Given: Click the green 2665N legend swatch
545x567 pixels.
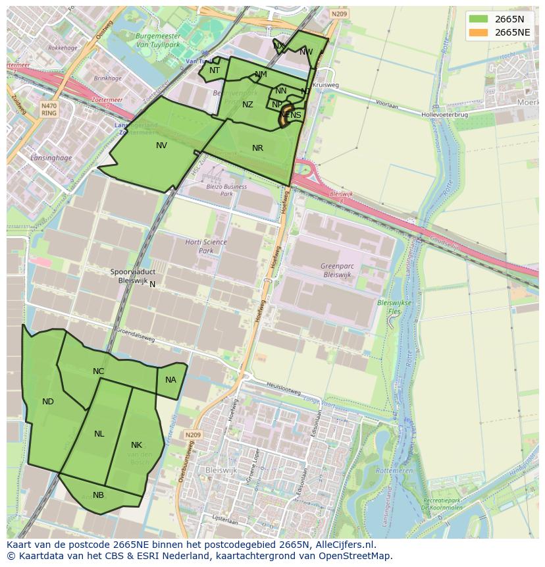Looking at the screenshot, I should coord(479,18).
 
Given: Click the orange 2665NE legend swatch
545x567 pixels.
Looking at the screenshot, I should coord(479,32).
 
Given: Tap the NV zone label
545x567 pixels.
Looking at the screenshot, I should coord(161,146).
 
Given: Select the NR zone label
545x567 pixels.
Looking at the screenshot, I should coord(257,148).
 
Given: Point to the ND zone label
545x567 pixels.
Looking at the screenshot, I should coord(48,402).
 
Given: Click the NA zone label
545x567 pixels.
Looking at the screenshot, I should coord(170,380).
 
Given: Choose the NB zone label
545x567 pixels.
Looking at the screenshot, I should coord(98,495).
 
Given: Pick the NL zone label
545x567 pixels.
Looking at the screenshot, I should coord(99,434).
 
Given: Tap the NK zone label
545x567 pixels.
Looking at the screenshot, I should coord(136,445).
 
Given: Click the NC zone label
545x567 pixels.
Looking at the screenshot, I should coord(98,371).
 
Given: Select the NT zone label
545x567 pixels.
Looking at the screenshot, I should coord(215,70).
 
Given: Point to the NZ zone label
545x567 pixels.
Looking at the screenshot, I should coord(247,105).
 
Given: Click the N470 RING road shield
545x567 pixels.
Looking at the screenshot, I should coord(49,109).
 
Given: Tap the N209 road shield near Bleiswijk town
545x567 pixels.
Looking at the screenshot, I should coord(192,435).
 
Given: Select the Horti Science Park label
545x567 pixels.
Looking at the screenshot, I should coord(206,246).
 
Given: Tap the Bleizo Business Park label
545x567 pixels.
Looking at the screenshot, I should coord(226,190).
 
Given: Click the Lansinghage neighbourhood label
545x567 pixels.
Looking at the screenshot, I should coord(50,157).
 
